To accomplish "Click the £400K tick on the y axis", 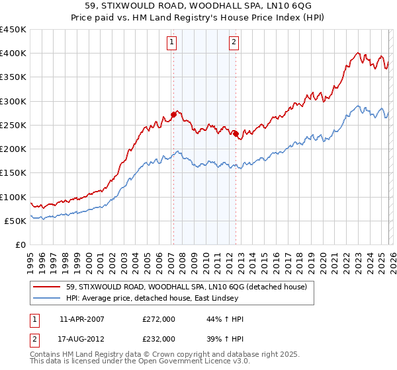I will point(13,54).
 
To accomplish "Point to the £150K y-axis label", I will point(13,173).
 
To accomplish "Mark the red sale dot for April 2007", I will point(173,114).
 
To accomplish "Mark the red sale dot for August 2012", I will point(236,133).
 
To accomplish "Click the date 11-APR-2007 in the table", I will point(86,319).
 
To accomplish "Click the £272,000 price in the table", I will point(159,319).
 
